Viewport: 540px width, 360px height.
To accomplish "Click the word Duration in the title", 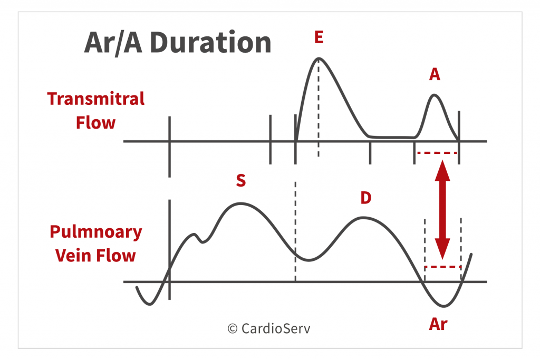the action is (x=211, y=43).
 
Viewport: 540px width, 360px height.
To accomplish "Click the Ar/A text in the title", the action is (x=113, y=43).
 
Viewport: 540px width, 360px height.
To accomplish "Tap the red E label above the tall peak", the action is (x=319, y=37).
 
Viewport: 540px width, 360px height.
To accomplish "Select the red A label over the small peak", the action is (x=435, y=74).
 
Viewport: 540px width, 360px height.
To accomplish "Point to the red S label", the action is (x=241, y=180).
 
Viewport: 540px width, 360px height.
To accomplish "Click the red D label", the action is (x=366, y=198).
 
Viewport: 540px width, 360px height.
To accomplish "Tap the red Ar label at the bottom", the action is (x=438, y=324).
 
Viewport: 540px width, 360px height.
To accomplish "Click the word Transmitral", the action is (x=96, y=99).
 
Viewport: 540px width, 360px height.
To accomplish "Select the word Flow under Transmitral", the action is (x=96, y=123).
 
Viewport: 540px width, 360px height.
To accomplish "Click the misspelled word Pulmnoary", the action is (x=96, y=232).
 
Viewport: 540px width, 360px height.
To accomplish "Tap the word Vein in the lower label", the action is (x=73, y=256).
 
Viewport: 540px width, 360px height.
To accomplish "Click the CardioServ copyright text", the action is (x=268, y=329).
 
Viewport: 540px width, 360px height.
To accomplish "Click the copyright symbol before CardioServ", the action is (x=233, y=329).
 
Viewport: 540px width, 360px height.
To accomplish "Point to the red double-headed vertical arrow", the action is (x=442, y=210).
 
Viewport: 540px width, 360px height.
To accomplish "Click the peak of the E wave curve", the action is (x=319, y=58).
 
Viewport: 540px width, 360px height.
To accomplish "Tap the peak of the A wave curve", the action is (x=434, y=95).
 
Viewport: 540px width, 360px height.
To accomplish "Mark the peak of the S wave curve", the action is (x=240, y=204).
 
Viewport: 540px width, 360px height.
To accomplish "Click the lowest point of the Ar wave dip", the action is (x=443, y=306).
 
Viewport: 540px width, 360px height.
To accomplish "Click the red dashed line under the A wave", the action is (x=437, y=152).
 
